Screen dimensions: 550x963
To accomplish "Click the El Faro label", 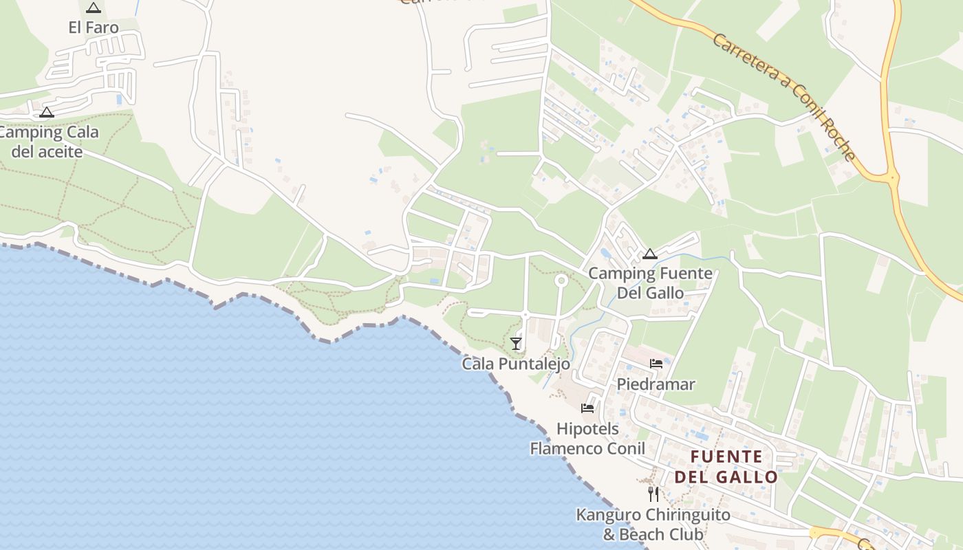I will point(94,27).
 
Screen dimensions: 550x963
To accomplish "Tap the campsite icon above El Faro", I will point(94,8).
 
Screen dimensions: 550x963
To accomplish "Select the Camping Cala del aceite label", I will point(48,142).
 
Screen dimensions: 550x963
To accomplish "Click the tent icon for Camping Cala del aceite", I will point(47,112).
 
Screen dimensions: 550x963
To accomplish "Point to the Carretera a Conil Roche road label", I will point(784,96).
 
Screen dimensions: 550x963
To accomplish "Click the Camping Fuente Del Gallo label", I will point(650,283).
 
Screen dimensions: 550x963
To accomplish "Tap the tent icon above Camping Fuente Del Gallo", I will point(650,254).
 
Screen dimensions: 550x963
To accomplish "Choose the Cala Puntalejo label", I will point(516,364).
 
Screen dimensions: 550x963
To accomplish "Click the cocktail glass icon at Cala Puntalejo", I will point(516,343).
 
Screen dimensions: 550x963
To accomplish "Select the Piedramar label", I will point(656,384).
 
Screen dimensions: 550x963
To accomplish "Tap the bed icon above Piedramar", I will point(656,364).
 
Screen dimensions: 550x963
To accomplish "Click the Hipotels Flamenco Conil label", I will point(587,439).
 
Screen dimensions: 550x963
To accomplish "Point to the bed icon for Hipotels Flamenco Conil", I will point(587,408).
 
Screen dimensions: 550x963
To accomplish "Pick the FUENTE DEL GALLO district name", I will point(726,467).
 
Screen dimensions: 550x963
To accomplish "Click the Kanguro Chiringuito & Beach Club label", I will point(653,525).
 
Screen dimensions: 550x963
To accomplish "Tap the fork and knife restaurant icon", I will point(653,494).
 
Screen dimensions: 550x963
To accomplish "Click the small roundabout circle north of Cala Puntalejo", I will point(561,280).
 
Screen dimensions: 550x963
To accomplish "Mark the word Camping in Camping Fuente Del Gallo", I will point(621,274).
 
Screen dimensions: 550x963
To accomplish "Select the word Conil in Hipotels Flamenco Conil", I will point(622,449).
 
